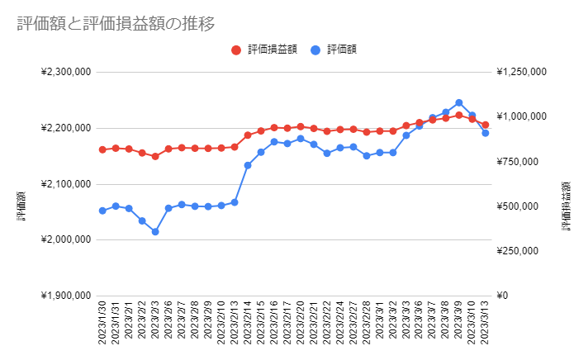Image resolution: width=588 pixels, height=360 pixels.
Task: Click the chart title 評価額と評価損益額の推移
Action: [x=116, y=24]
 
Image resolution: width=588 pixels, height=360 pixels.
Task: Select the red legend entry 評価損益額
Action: [x=265, y=50]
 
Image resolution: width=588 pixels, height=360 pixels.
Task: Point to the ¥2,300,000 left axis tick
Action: [x=65, y=73]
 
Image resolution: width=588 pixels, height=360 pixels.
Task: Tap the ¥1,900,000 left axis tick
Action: [x=65, y=296]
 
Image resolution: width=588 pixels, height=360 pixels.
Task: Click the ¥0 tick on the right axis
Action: [x=504, y=296]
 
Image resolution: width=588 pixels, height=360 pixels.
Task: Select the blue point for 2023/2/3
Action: [x=155, y=232]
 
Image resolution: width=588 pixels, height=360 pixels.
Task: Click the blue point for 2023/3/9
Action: [x=459, y=103]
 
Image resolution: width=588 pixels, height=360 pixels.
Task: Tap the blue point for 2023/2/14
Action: [x=248, y=165]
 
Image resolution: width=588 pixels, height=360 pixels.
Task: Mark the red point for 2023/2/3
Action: [x=155, y=156]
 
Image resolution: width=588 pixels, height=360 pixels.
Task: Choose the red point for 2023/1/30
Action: [x=102, y=149]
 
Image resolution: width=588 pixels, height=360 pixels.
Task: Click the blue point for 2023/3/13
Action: [x=486, y=133]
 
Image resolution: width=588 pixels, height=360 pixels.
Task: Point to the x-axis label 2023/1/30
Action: [x=102, y=326]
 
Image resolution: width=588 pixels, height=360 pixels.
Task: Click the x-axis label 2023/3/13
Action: [x=486, y=326]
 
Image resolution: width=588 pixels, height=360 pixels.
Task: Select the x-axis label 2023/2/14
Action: [x=248, y=326]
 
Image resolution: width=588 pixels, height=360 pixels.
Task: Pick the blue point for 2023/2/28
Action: [x=367, y=155]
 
